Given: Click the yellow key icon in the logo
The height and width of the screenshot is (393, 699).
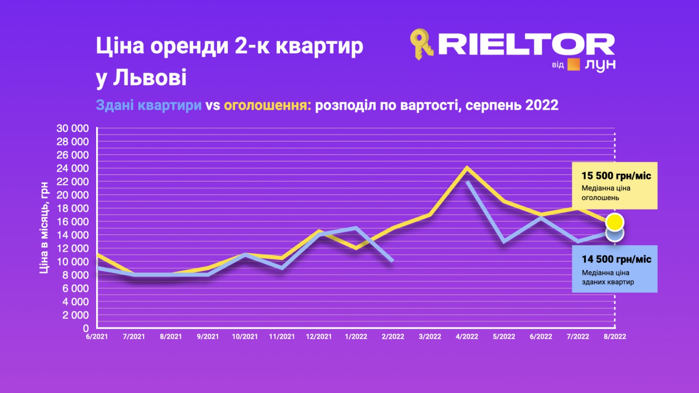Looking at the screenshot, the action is pos(421,44).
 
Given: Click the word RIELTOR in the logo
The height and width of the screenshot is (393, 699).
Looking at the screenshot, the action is pos(526,44).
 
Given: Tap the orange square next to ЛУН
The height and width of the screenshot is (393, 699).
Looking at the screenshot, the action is pos(574,65).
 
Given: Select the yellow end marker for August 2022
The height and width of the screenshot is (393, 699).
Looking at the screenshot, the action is pos(615,222).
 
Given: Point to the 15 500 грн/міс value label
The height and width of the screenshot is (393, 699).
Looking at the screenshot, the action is pos(616,176).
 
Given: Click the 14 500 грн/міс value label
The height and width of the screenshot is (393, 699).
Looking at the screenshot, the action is pos(616,259).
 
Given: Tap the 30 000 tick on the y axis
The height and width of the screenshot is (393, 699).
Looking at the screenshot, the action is pos(73,128).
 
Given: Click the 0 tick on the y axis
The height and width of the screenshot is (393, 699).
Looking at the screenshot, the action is pos(86,328).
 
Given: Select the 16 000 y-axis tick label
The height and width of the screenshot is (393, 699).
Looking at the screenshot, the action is pos(73,222).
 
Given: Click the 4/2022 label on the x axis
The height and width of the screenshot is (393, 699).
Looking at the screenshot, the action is pos(467,337).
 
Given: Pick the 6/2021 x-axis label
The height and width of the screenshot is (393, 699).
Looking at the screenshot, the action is pos(97,337).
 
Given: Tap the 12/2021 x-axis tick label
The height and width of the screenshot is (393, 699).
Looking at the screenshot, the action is pos(319,337).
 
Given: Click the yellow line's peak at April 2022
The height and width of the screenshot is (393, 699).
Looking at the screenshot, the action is pos(467,168).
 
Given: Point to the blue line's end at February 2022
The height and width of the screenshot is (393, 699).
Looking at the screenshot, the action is pos(392,260).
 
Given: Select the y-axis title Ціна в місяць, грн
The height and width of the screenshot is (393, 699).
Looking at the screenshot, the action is pos(44,228).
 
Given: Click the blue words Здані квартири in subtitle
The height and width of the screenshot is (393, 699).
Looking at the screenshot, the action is pos(149,105).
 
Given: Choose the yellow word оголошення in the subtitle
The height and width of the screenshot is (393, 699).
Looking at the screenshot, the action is pos(267,106).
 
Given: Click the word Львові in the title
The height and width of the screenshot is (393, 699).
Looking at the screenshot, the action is pos(150,77).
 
